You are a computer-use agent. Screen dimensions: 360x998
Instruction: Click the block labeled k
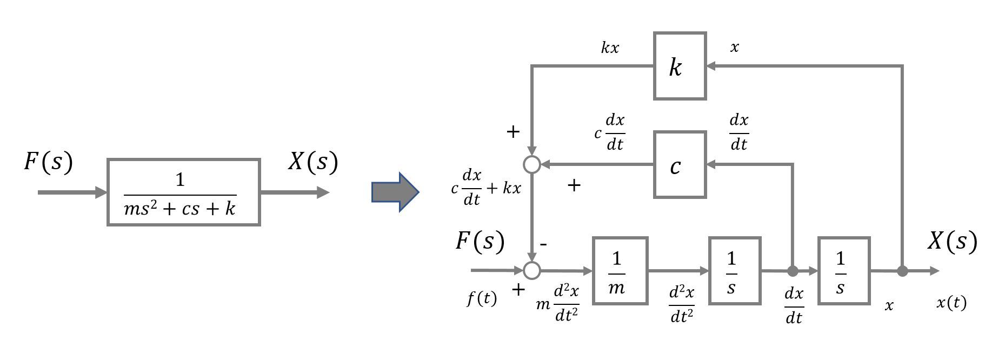click(x=680, y=66)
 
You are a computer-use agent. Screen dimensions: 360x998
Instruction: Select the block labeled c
click(x=680, y=165)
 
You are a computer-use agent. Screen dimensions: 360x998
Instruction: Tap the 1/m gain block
click(x=620, y=271)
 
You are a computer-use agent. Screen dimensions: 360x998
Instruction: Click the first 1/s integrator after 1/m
click(x=735, y=271)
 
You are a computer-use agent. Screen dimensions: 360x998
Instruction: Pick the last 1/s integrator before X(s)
click(x=844, y=271)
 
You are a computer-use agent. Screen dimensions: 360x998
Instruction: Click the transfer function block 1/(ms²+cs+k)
click(x=184, y=192)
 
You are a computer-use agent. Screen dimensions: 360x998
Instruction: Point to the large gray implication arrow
click(x=395, y=192)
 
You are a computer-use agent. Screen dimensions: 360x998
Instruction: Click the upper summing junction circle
click(x=533, y=164)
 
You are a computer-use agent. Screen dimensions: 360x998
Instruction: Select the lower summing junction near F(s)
click(x=533, y=270)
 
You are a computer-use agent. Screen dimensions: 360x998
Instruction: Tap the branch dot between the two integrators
click(x=793, y=271)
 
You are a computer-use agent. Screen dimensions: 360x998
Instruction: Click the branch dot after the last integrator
click(x=902, y=271)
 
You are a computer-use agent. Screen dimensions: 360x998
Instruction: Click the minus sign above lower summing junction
click(x=543, y=244)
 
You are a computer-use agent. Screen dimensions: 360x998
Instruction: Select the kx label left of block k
click(x=610, y=48)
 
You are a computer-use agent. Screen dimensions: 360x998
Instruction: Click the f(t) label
click(x=482, y=298)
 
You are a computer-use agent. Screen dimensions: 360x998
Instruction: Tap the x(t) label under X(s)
click(x=951, y=303)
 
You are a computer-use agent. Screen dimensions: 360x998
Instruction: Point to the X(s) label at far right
click(x=952, y=241)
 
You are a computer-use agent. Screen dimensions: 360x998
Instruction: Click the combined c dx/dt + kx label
click(x=485, y=188)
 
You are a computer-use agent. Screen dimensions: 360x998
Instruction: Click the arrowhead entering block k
click(x=711, y=66)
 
